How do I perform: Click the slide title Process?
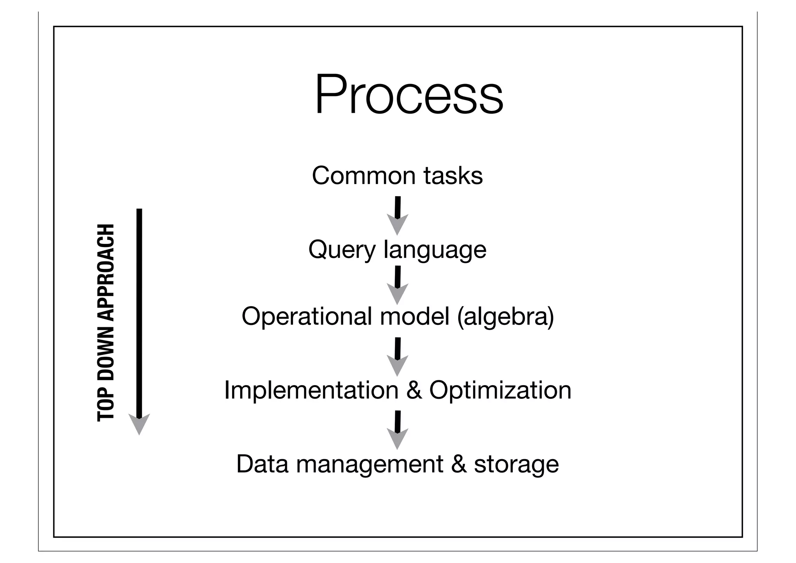[x=409, y=95]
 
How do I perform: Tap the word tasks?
[x=453, y=175]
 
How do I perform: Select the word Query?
[x=342, y=250]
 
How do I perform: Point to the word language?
[x=435, y=250]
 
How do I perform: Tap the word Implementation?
[x=311, y=390]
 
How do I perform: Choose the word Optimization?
[x=500, y=390]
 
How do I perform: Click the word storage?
[x=516, y=464]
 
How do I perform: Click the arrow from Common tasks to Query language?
[x=397, y=216]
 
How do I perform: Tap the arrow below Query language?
[x=397, y=285]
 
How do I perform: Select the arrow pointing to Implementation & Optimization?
[x=397, y=357]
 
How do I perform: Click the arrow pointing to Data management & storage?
[x=397, y=430]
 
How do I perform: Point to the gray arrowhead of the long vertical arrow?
[x=139, y=424]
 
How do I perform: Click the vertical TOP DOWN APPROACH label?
[x=106, y=322]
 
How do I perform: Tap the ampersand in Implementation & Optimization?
[x=414, y=390]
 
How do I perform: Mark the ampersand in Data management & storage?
[x=459, y=464]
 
